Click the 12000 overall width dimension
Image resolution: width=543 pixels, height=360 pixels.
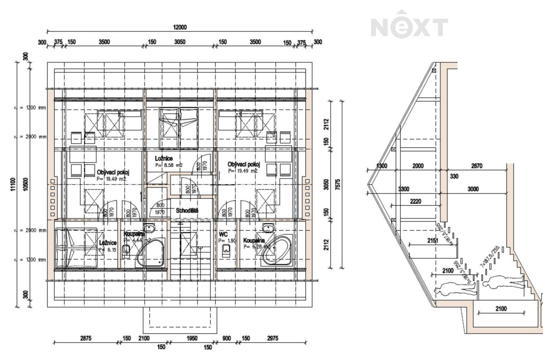[180, 27]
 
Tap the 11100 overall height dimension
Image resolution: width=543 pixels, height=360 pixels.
[13, 184]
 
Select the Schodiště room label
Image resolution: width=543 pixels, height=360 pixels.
[187, 211]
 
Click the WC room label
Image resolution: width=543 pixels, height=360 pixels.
[223, 234]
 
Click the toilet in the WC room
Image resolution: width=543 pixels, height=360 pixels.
[226, 249]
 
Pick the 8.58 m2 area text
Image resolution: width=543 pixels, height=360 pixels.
[169, 165]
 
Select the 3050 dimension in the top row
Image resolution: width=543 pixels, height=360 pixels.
[180, 42]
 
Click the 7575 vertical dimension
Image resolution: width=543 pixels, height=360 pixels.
[338, 185]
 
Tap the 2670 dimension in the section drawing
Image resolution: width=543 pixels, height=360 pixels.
[476, 166]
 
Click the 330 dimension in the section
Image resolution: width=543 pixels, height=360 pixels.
[454, 177]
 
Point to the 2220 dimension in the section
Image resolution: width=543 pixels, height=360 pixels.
[416, 202]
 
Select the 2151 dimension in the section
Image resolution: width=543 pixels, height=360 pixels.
[432, 241]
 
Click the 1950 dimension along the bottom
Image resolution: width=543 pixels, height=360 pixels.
[192, 338]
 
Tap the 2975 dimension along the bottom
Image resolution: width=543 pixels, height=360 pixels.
[273, 338]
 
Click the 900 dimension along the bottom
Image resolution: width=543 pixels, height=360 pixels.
[227, 338]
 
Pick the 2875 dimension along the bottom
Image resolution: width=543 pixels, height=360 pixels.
[86, 338]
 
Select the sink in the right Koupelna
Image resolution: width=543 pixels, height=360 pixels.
[268, 228]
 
